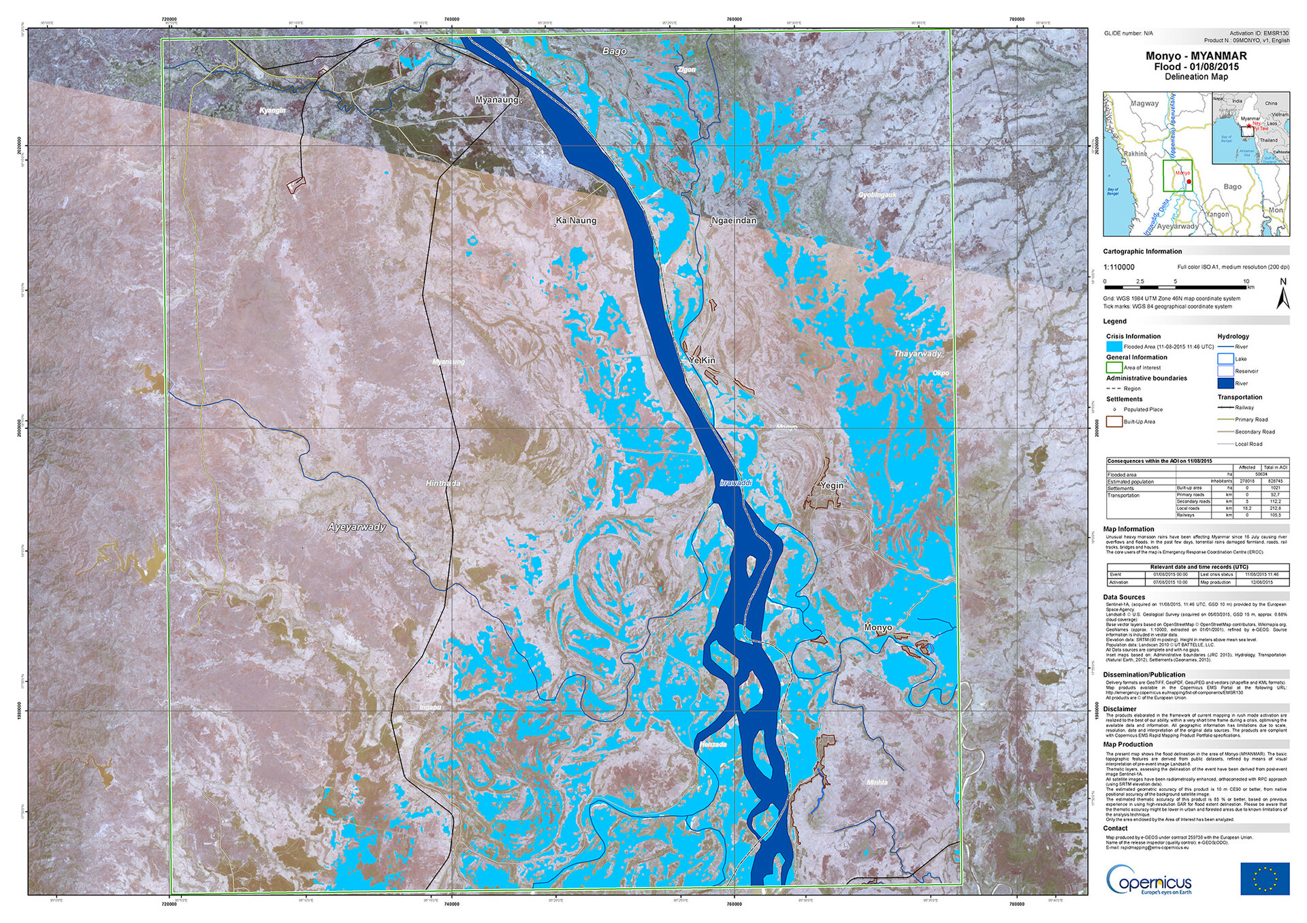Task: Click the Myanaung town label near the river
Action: (497, 100)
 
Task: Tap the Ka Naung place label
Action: (576, 221)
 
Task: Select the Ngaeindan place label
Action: (733, 221)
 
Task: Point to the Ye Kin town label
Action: (702, 360)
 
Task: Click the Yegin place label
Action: (831, 485)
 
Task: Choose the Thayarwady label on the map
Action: (918, 354)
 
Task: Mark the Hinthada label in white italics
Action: (442, 483)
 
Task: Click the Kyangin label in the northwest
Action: (272, 110)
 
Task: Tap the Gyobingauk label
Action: (877, 195)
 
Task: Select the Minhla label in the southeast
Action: (877, 783)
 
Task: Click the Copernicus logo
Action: (1148, 879)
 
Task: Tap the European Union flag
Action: (1264, 878)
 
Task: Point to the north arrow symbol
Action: (1283, 294)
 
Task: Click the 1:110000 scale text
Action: (1118, 268)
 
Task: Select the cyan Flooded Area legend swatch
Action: (1114, 346)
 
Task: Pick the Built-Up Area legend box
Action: (1114, 421)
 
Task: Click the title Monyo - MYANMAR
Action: (1196, 56)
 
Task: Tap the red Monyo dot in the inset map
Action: (1189, 181)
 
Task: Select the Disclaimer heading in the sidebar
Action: (1120, 709)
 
